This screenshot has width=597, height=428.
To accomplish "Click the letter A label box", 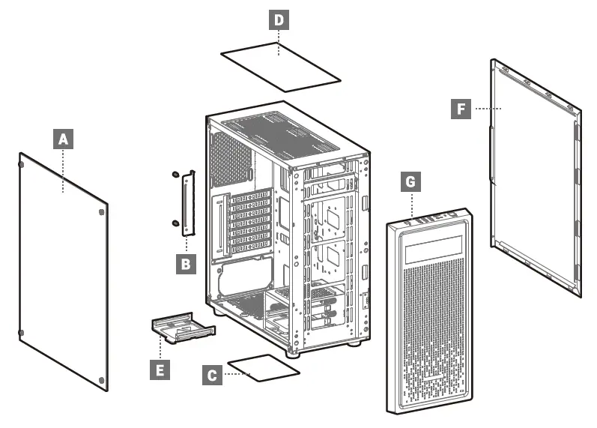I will tap(64, 139).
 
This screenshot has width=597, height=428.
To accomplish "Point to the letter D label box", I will tap(279, 19).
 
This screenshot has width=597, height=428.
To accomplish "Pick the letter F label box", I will tap(462, 109).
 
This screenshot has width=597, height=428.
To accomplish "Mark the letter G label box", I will tap(410, 181).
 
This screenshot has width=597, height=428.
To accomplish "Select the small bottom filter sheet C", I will tap(263, 368).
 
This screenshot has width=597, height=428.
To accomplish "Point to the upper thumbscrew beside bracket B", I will tap(175, 175).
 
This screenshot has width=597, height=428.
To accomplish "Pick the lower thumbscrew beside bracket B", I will tap(175, 222).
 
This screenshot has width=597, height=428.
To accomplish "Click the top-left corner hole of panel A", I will tap(22, 160).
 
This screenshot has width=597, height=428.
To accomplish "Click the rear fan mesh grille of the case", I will tap(231, 158).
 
